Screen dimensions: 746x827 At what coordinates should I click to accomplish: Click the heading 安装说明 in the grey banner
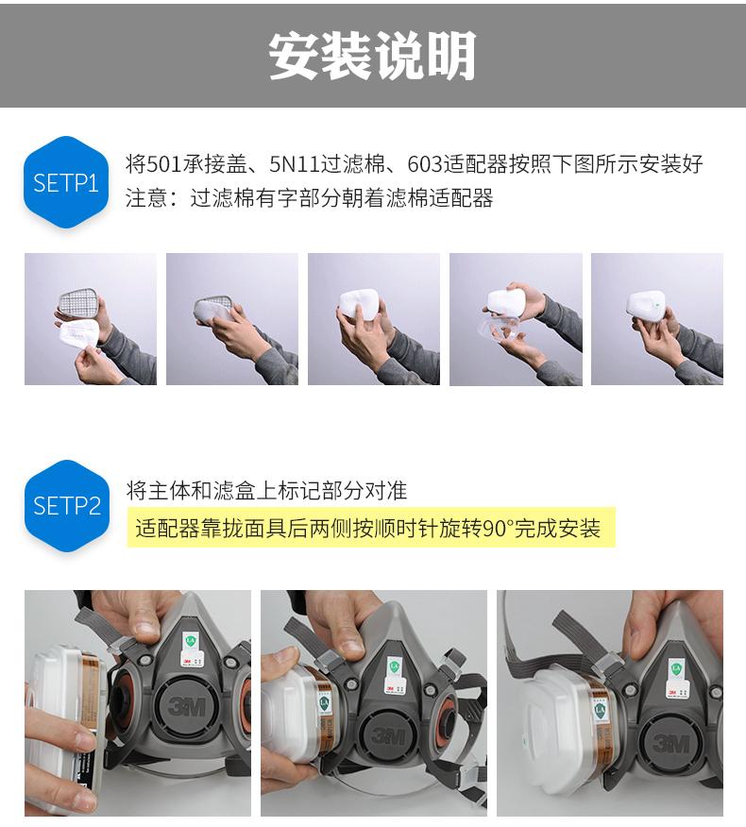click(372, 56)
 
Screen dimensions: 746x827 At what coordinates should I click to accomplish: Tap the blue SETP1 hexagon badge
click(66, 182)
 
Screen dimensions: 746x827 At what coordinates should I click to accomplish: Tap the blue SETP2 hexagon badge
click(66, 506)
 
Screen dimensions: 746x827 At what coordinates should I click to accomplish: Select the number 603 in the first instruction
click(425, 164)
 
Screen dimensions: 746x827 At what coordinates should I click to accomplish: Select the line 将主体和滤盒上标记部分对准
click(266, 491)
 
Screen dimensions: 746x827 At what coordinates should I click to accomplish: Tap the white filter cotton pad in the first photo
click(79, 334)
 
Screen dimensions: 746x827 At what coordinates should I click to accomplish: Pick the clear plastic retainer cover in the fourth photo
click(499, 330)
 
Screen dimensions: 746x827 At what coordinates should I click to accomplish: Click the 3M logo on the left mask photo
click(186, 705)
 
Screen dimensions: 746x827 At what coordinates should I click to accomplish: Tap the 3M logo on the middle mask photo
click(388, 735)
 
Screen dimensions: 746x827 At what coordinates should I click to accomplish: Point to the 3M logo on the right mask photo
click(670, 743)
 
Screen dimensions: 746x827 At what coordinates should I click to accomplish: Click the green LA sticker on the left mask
click(190, 642)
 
